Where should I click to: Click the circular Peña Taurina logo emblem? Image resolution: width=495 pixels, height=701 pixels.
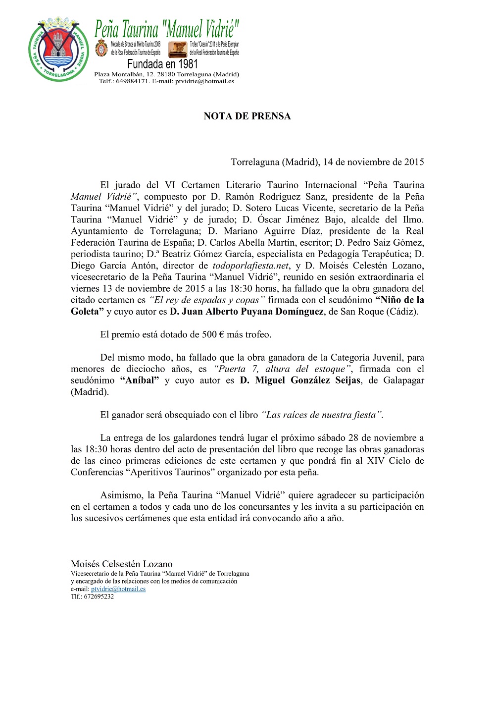click(59, 49)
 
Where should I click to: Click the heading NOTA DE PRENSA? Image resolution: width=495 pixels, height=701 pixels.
click(247, 116)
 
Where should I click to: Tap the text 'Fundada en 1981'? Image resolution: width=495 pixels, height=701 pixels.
click(162, 64)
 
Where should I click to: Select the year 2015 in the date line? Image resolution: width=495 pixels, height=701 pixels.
click(414, 162)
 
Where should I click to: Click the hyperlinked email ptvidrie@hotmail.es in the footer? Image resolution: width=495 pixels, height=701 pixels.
click(118, 589)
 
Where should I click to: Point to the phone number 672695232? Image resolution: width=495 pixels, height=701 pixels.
click(99, 596)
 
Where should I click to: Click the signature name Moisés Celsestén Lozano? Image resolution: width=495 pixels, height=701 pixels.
click(121, 564)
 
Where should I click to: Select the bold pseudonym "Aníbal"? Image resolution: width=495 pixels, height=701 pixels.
click(139, 380)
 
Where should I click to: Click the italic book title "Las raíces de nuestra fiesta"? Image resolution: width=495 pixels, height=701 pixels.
click(322, 415)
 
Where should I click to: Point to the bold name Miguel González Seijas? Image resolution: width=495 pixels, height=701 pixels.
click(307, 380)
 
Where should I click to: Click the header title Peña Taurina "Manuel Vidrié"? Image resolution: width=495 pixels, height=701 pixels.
click(167, 30)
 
